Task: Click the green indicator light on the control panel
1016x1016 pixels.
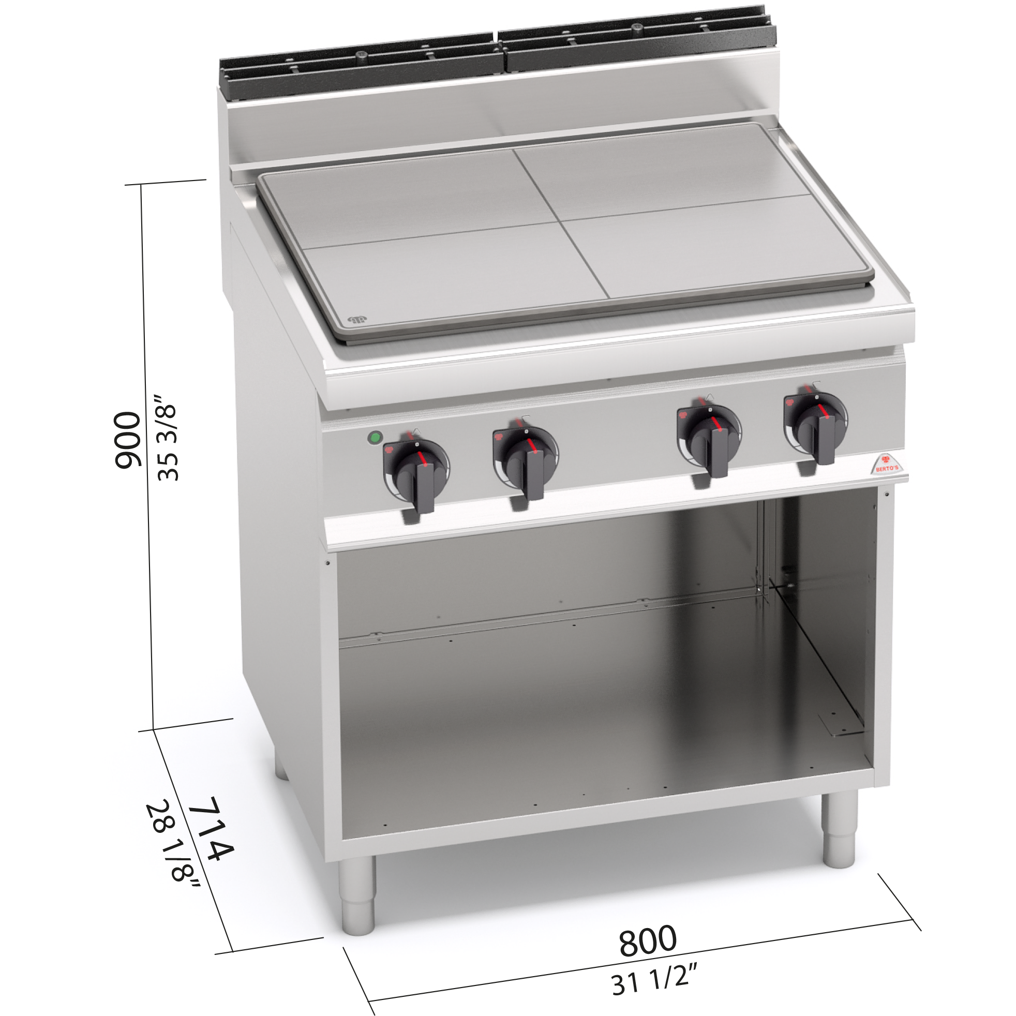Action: pos(375,438)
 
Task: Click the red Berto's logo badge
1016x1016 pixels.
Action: pos(887,464)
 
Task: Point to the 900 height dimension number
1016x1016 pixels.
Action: pos(128,440)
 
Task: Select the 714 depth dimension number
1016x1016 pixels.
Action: pos(212,828)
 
